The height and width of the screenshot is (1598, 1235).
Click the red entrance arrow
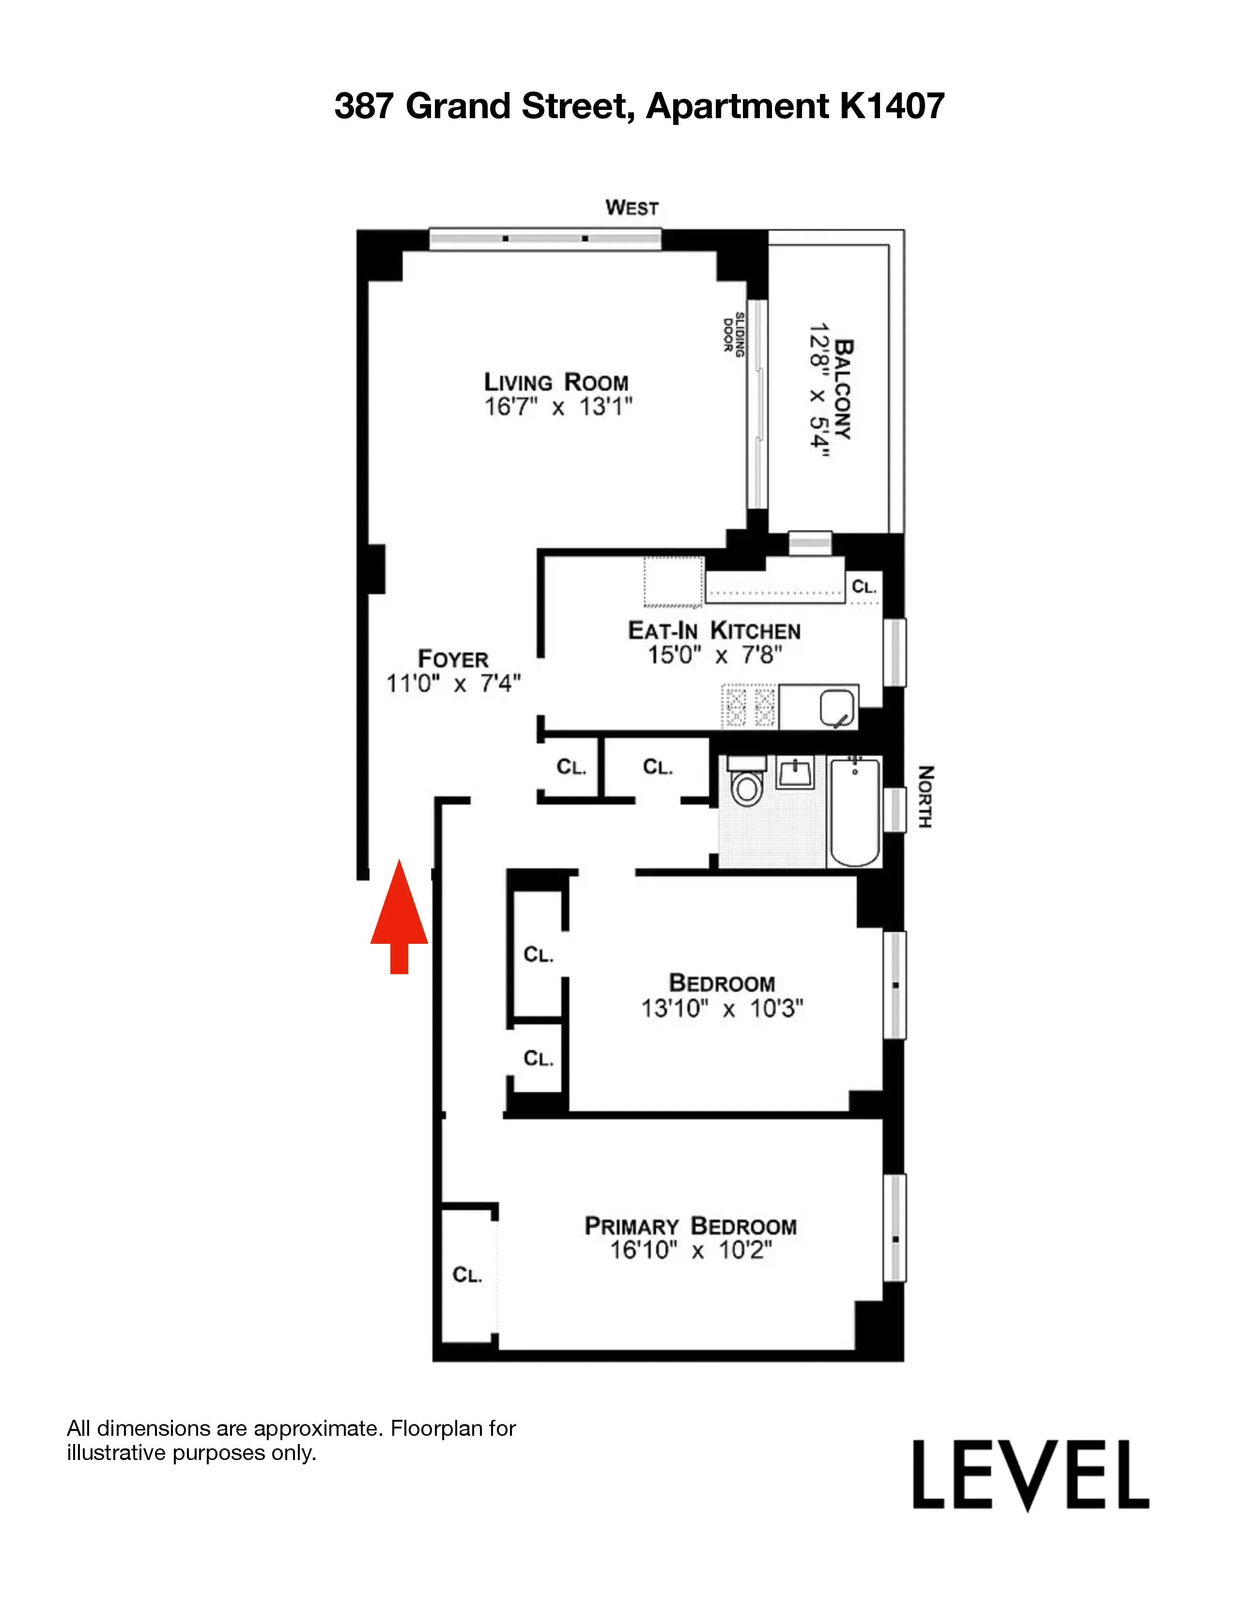pos(399,918)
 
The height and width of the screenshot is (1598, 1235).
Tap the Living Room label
pos(556,382)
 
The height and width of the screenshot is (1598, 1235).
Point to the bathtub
pos(854,812)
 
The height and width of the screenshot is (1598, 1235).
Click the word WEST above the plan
pos(632,208)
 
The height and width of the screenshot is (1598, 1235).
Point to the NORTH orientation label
pos(926,797)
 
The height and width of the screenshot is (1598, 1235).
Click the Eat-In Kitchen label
pos(714,630)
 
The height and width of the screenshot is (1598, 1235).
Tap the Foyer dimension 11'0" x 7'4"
pos(454,683)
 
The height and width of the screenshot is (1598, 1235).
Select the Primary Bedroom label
pos(690,1226)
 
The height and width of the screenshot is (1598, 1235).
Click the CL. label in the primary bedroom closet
pos(467,1275)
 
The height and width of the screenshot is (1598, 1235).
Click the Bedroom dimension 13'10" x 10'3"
pos(722,1008)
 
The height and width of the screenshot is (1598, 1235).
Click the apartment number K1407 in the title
pos(892,106)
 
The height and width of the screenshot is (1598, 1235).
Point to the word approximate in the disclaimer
pos(318,1428)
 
